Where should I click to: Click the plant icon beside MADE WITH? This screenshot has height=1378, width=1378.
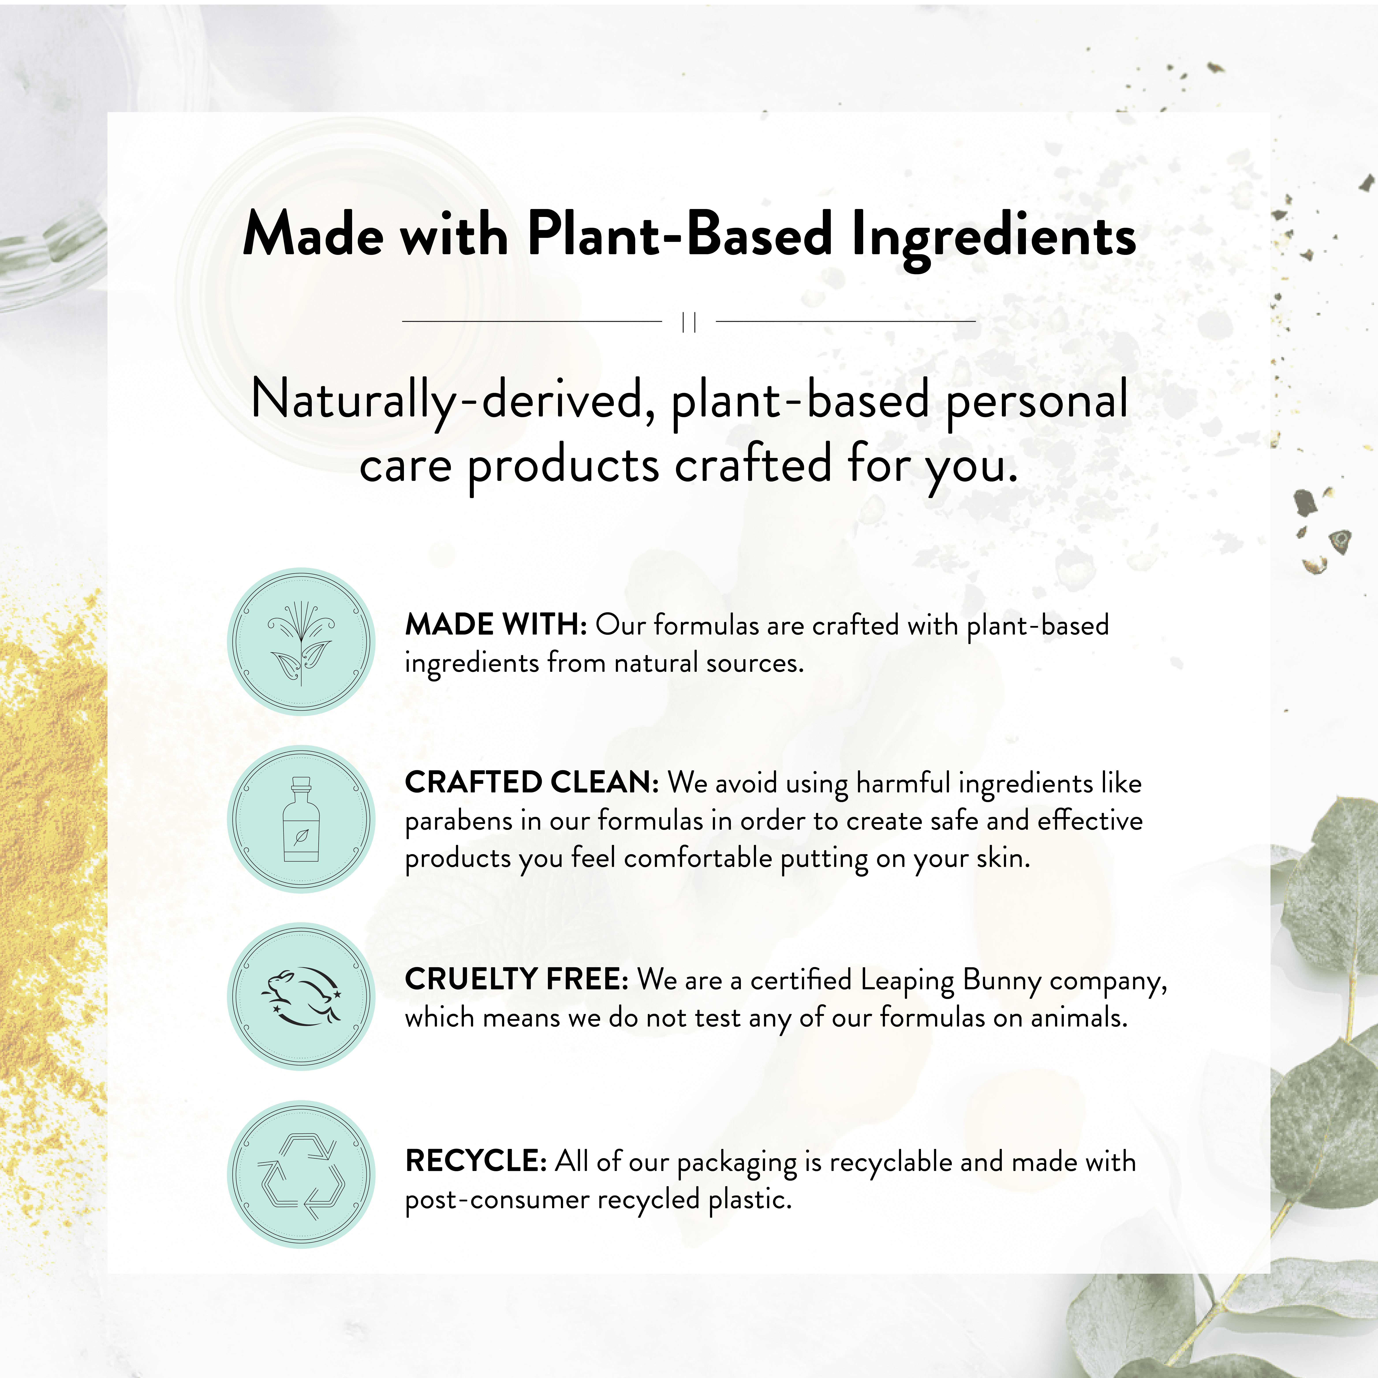[x=301, y=642]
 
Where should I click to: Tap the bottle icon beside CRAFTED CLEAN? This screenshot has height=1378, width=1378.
[x=301, y=820]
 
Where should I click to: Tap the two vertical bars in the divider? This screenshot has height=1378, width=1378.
[x=689, y=322]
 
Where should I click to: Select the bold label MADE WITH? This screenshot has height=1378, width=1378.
[x=496, y=625]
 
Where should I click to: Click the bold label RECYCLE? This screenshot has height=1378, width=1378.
[x=476, y=1161]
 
